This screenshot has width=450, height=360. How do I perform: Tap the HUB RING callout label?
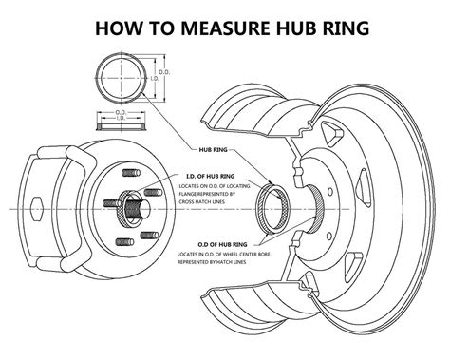click(x=212, y=149)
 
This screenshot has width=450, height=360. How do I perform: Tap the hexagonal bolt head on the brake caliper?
click(x=35, y=208)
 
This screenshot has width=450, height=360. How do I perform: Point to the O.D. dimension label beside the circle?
click(x=165, y=74)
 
